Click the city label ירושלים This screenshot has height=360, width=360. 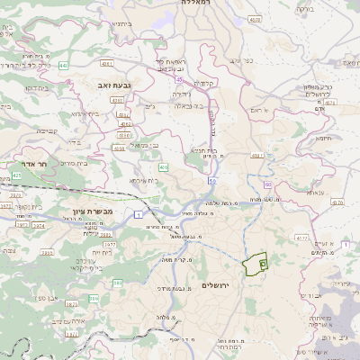pyautogui.click(x=216, y=285)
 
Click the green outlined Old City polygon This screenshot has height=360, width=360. pyautogui.click(x=254, y=264)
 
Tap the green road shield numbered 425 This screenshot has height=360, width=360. pyautogui.click(x=163, y=167)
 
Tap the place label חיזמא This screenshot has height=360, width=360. pyautogui.click(x=323, y=138)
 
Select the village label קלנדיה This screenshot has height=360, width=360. pyautogui.click(x=204, y=84)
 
